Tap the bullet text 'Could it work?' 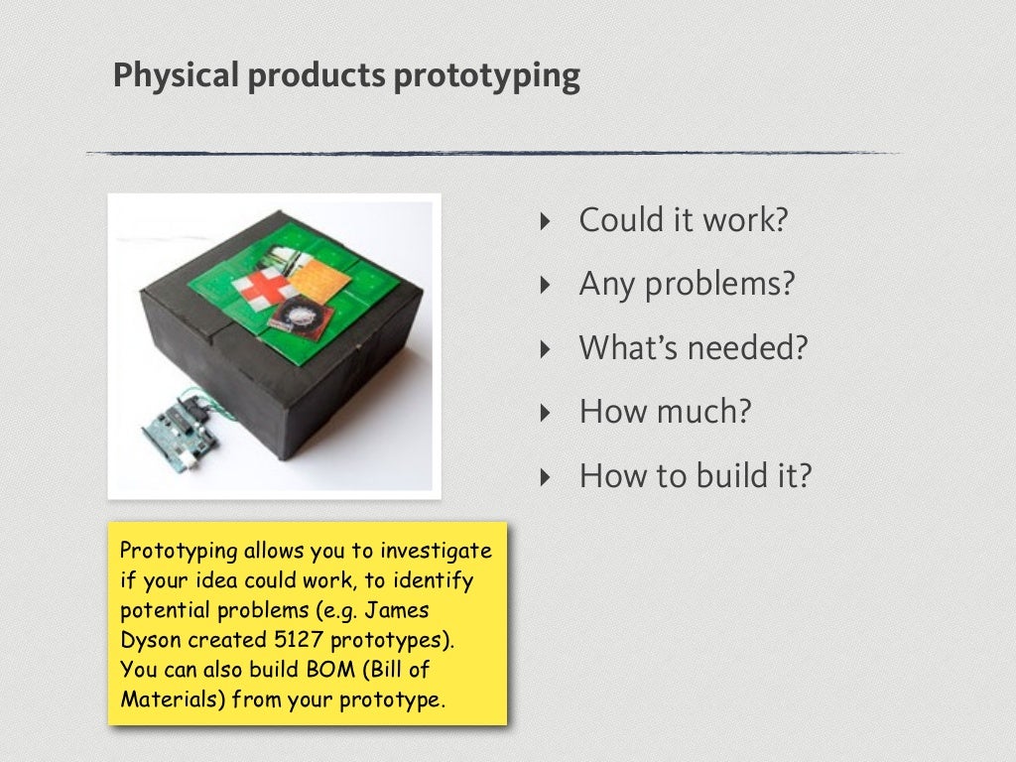point(683,220)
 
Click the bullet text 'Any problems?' point(687,285)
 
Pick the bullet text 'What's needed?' point(694,348)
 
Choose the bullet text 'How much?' point(665,412)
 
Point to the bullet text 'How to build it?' point(696,476)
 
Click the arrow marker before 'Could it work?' point(543,221)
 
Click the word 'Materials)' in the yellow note point(174,699)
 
